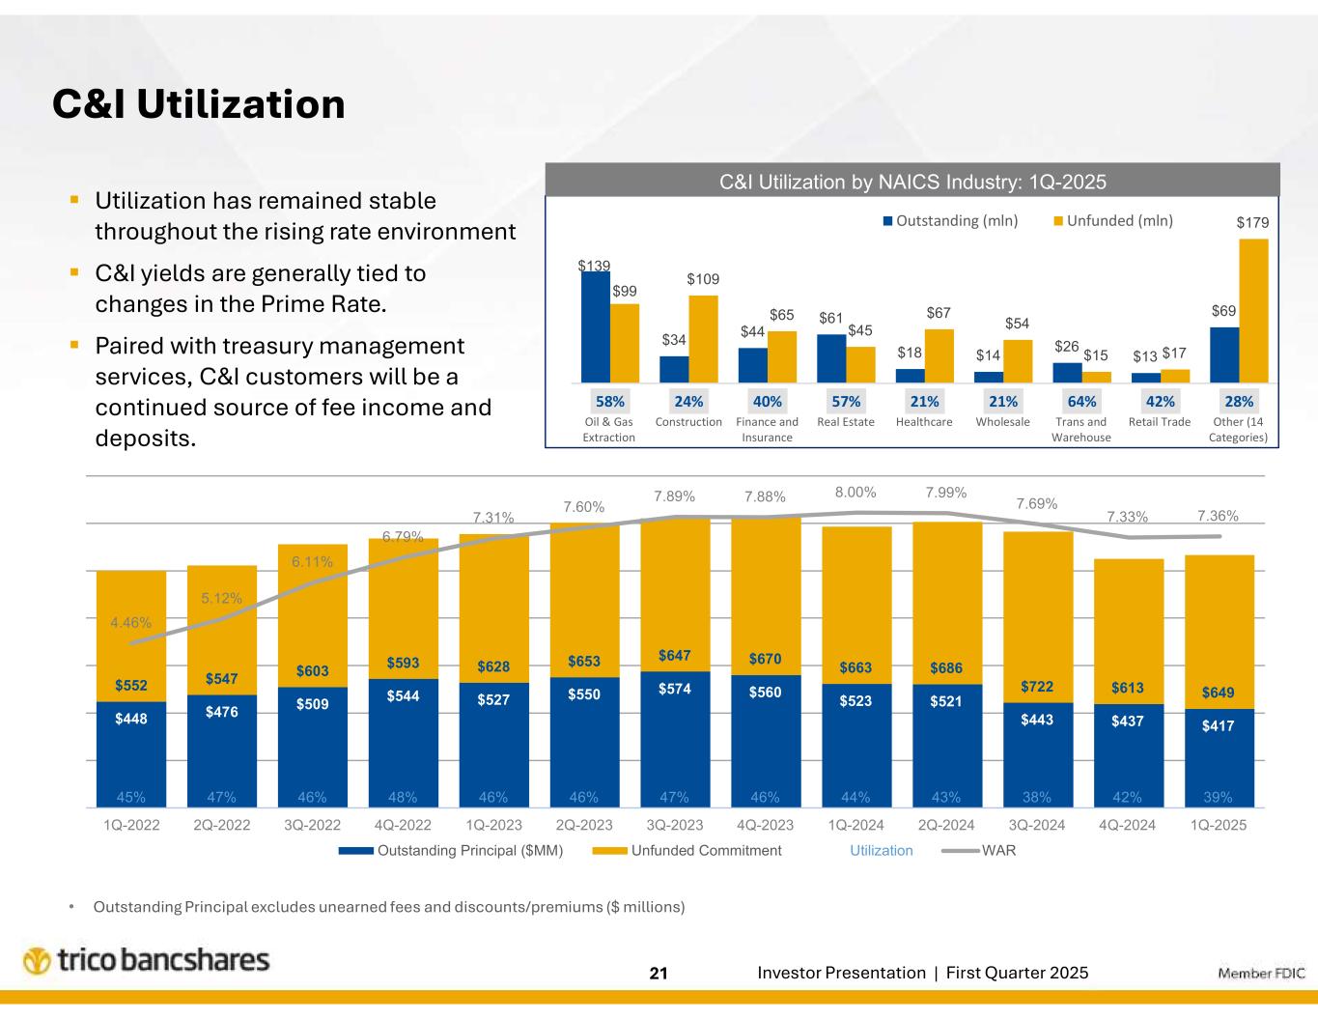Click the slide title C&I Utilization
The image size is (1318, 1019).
click(198, 104)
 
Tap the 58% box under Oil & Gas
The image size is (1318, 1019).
click(609, 400)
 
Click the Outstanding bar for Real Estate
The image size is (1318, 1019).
click(831, 358)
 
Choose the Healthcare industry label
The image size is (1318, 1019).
click(924, 422)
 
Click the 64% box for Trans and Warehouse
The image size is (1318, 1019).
click(1081, 400)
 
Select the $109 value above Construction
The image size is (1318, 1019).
click(703, 279)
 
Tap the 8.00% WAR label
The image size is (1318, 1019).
click(855, 493)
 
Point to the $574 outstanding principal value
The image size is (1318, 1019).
click(674, 689)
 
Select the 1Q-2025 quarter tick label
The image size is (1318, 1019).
click(1219, 825)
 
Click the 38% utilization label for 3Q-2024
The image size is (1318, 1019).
click(1037, 798)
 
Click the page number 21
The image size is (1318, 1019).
click(659, 974)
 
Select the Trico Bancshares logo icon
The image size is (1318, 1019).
click(37, 962)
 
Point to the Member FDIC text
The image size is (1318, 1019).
click(1261, 974)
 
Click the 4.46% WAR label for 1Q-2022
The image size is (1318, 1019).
click(130, 623)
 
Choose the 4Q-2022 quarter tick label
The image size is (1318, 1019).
click(403, 825)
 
